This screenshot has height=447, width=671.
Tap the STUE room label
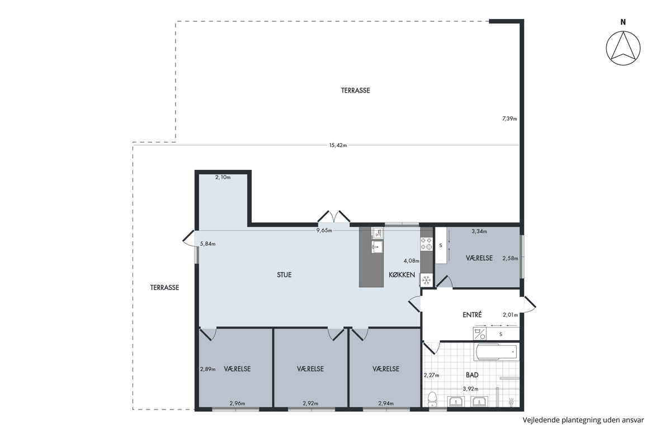pos(284,274)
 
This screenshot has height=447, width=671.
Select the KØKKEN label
pos(401,274)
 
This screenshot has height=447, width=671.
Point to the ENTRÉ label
pos(472,315)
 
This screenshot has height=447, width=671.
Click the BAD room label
pos(472,374)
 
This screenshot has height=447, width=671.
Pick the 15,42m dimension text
pos(338,145)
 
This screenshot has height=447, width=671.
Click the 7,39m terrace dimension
pos(509,118)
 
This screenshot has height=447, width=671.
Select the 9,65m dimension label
pos(324,231)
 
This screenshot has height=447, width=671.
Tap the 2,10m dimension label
pos(223,177)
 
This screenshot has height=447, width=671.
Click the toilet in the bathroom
pos(432,400)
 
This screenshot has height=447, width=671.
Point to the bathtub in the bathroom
pos(496,352)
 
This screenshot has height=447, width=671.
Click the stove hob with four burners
pos(426,244)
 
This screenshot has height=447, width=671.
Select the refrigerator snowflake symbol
pos(426,280)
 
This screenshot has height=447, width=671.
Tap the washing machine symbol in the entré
pos(480,334)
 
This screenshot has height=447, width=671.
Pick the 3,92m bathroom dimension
pos(470,389)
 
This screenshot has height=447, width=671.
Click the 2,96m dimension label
pos(237,403)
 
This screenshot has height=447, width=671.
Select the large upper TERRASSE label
pos(356,90)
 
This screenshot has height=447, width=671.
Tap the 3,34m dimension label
pos(479,231)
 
